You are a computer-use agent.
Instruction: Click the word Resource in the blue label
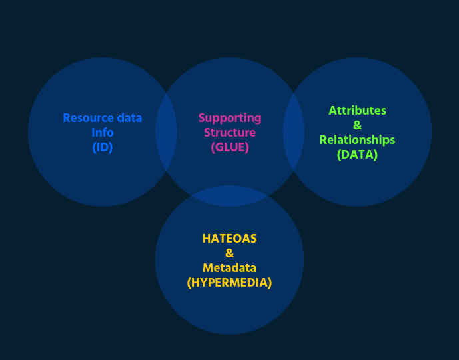pyautogui.click(x=89, y=118)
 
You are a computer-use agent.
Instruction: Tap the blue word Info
pyautogui.click(x=103, y=133)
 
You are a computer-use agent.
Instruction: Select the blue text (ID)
pyautogui.click(x=103, y=147)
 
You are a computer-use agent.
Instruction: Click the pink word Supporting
pyautogui.click(x=230, y=119)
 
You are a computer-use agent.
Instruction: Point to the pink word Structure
pyautogui.click(x=230, y=133)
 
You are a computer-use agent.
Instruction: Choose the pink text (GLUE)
pyautogui.click(x=230, y=147)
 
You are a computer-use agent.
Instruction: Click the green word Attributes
pyautogui.click(x=358, y=111)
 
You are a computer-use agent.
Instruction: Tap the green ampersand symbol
pyautogui.click(x=358, y=125)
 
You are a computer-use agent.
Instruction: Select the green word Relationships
pyautogui.click(x=358, y=140)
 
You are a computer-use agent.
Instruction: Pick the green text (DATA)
pyautogui.click(x=358, y=155)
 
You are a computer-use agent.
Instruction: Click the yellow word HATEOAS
pyautogui.click(x=229, y=239)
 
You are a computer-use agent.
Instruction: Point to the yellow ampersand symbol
pyautogui.click(x=229, y=253)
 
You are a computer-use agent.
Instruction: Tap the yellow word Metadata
pyautogui.click(x=229, y=268)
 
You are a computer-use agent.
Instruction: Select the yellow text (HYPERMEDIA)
pyautogui.click(x=229, y=283)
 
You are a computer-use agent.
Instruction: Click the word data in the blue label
pyautogui.click(x=129, y=118)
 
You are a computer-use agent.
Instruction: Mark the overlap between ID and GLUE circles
pyautogui.click(x=167, y=132)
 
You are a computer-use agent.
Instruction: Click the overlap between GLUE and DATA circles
pyautogui.click(x=294, y=132)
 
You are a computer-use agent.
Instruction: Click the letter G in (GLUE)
pyautogui.click(x=219, y=147)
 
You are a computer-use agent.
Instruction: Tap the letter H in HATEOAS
pyautogui.click(x=206, y=239)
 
